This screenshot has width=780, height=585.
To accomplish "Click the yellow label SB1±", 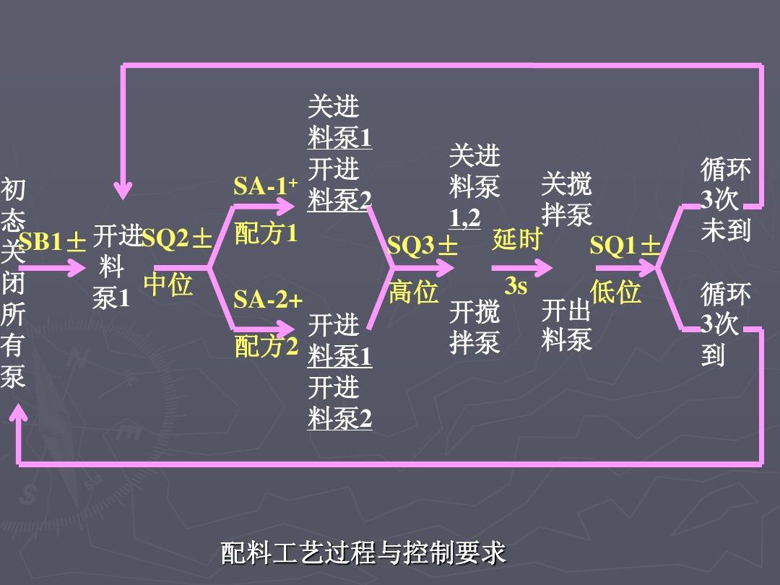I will (x=53, y=242).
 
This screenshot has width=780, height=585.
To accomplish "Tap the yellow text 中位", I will (x=168, y=285).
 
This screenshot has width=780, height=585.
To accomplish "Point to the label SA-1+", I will (x=266, y=187).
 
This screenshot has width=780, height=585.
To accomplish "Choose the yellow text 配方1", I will (x=266, y=234).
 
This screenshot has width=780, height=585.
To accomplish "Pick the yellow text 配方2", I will (x=266, y=347).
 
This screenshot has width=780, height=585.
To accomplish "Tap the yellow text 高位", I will (x=414, y=292).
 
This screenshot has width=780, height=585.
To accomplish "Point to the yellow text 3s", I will (x=516, y=287).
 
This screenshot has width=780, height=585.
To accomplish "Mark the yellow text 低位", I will (x=615, y=292).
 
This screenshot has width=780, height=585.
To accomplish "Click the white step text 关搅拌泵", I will (x=566, y=199).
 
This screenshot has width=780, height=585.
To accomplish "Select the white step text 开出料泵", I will (x=566, y=325).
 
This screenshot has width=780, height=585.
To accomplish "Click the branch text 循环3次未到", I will (x=725, y=200).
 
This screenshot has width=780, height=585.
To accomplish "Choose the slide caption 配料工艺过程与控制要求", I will (x=363, y=553).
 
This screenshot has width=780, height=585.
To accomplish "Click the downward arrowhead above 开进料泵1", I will (x=124, y=190).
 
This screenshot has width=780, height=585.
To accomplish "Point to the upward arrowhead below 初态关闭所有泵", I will (x=18, y=413).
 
